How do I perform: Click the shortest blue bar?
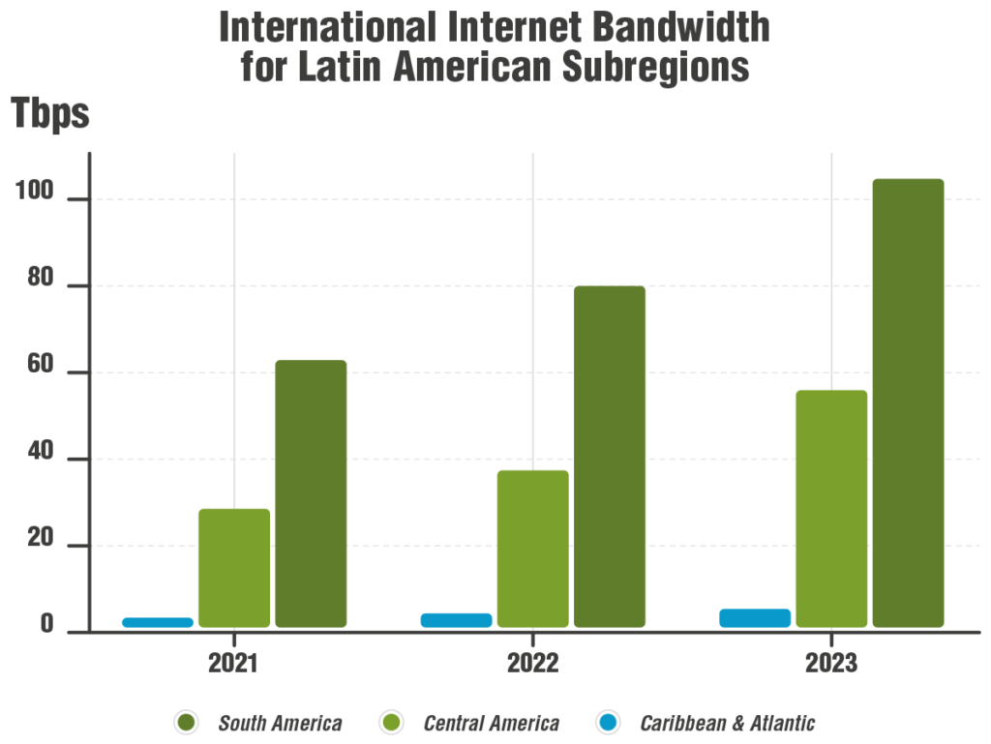[159, 623]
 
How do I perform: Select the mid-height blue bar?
[458, 620]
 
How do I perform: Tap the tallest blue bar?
[757, 618]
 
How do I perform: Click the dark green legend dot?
[187, 723]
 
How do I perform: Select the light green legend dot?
[392, 723]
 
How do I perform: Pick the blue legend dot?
[608, 723]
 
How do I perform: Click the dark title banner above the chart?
[605, 51]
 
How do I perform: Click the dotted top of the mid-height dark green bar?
[610, 287]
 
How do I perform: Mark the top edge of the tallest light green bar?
[831, 391]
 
